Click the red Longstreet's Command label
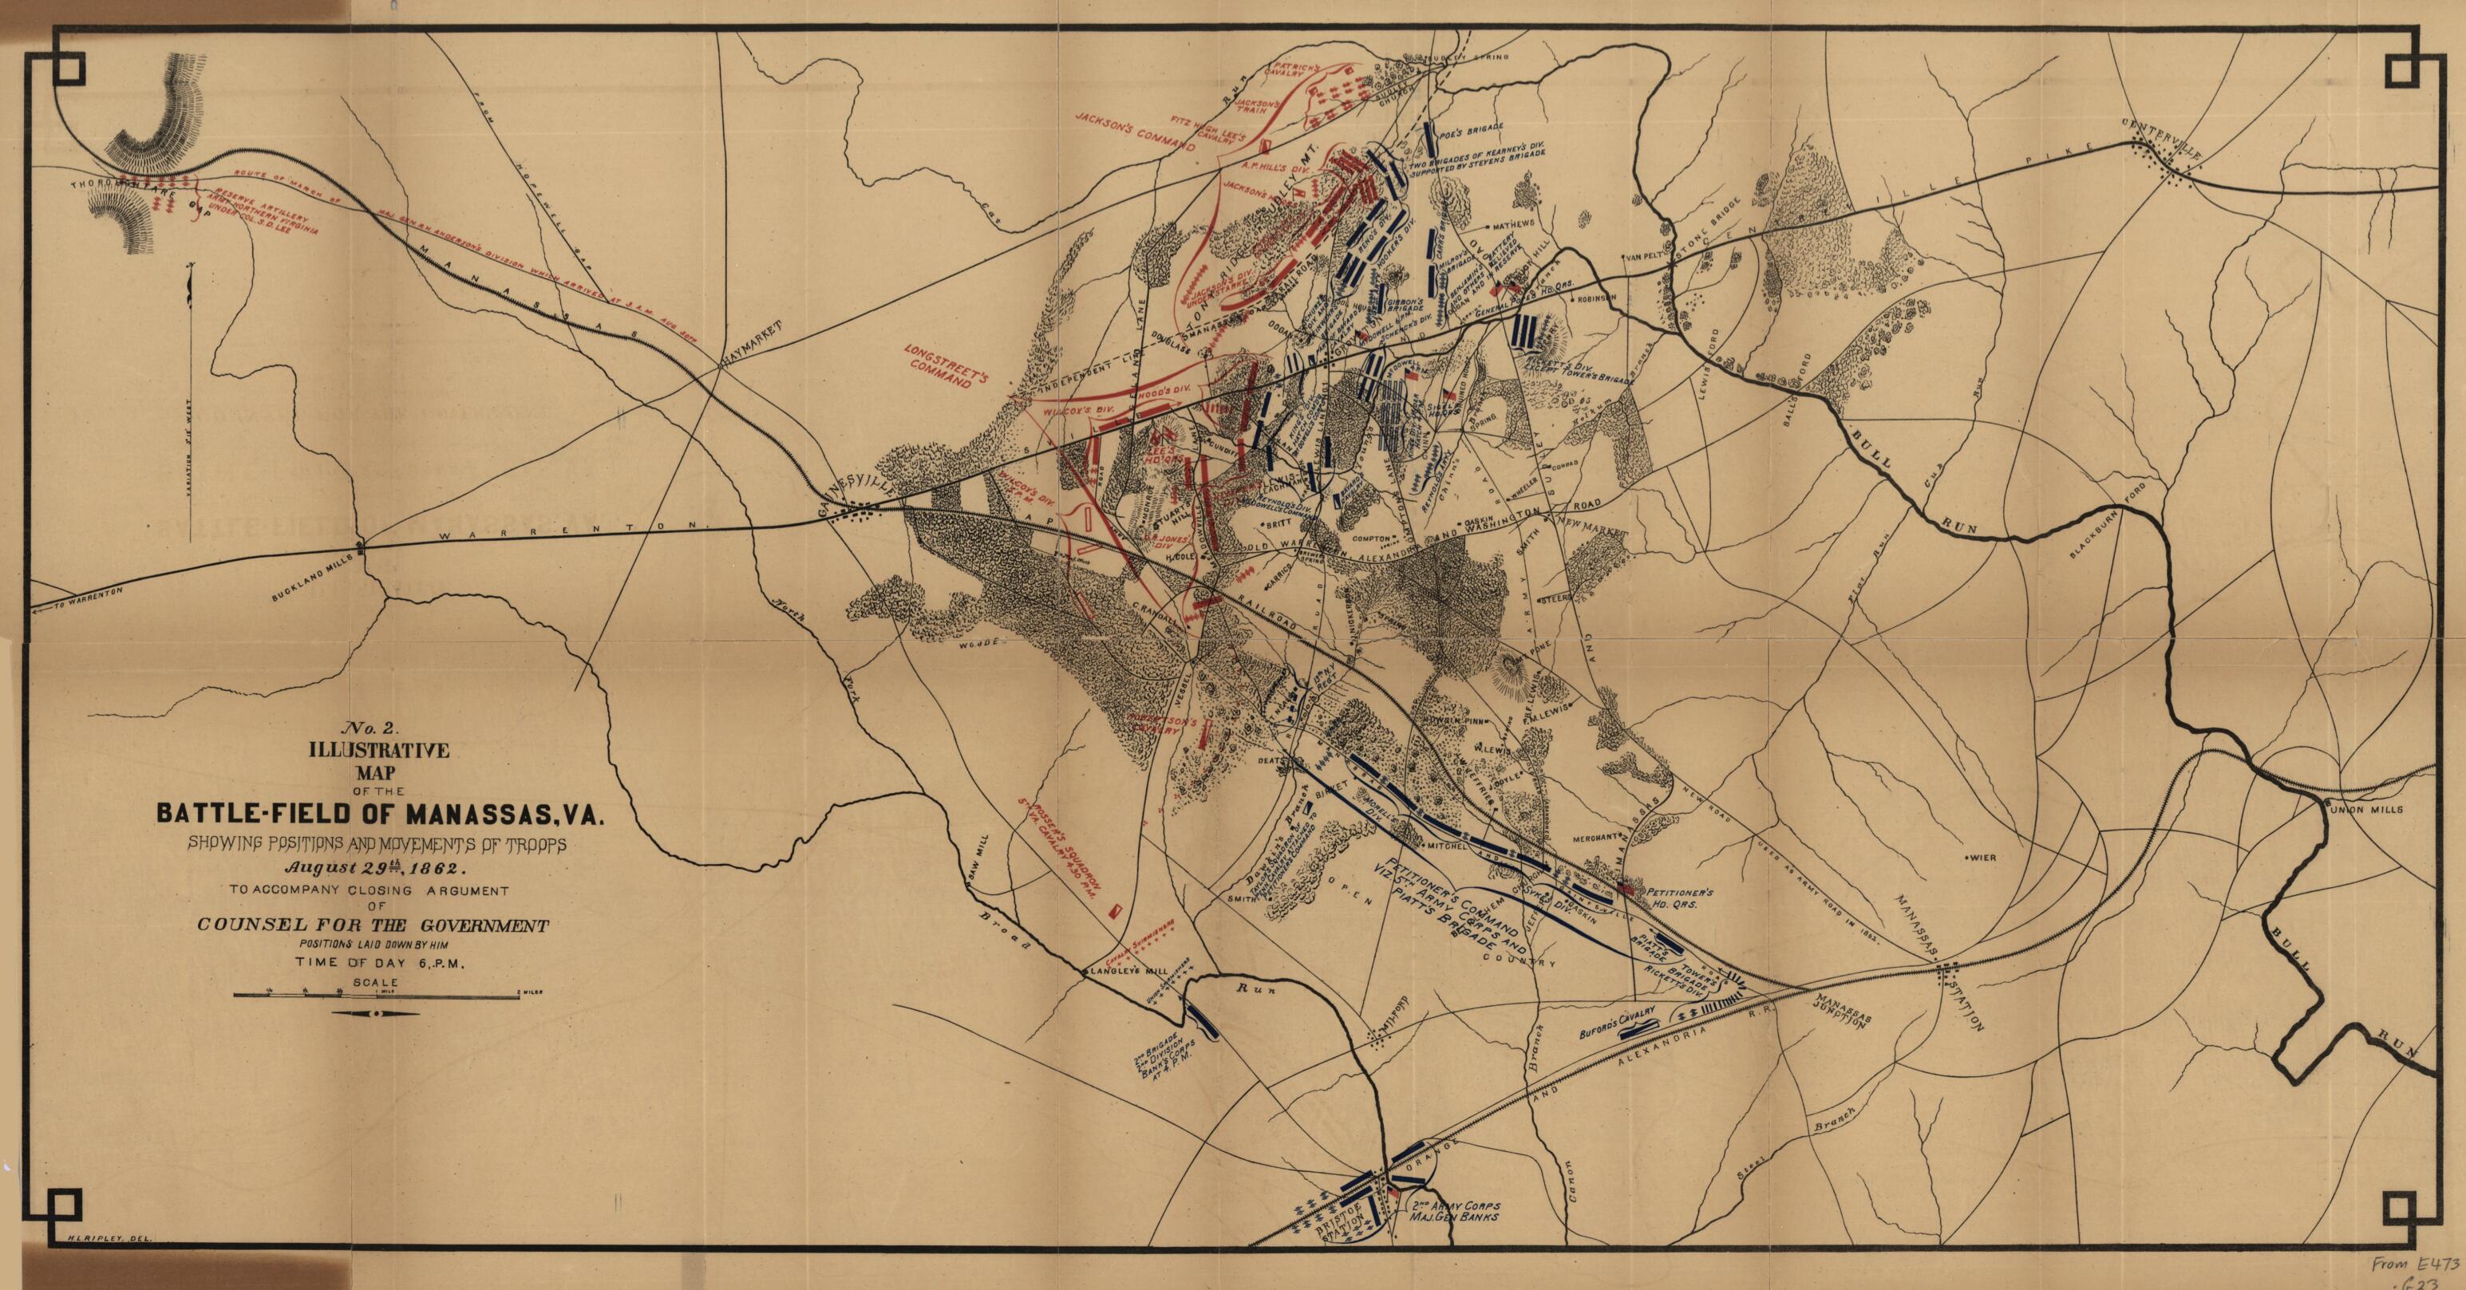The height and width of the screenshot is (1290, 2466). point(941,368)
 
